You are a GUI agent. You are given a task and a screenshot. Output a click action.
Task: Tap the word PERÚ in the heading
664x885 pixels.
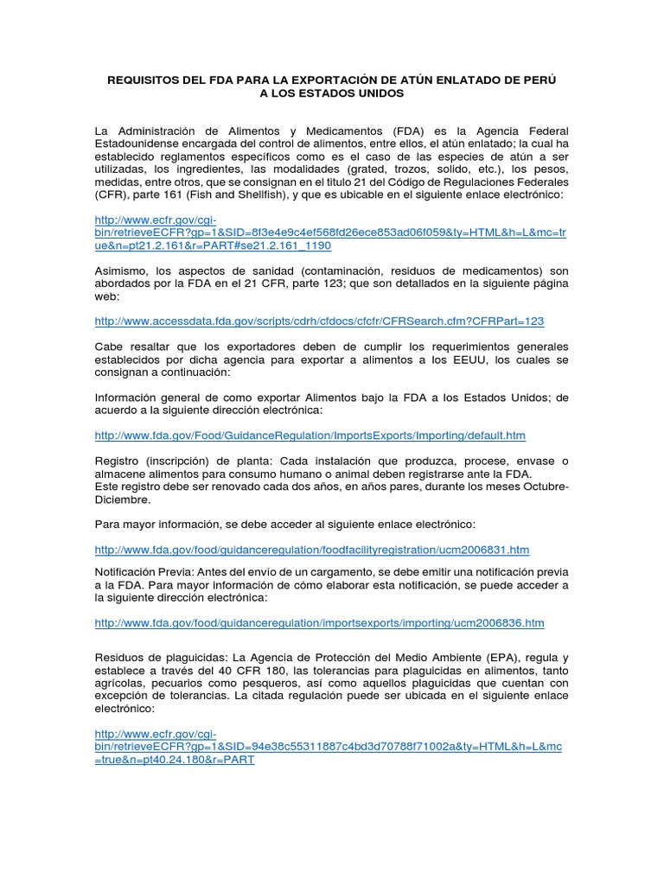539,80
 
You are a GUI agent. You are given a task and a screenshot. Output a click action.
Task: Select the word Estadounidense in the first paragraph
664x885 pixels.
144,143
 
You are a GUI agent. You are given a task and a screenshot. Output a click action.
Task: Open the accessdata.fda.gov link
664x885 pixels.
319,321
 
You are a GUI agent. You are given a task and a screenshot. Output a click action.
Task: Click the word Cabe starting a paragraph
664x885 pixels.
109,346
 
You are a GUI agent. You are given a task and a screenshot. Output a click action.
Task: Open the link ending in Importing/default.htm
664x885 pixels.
310,435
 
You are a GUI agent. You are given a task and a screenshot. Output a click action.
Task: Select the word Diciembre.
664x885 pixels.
122,500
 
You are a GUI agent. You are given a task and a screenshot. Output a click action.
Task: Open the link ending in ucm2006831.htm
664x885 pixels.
311,550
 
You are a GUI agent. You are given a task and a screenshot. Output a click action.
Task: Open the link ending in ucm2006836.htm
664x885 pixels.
319,622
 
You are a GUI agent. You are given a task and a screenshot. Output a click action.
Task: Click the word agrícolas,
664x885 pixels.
120,683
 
